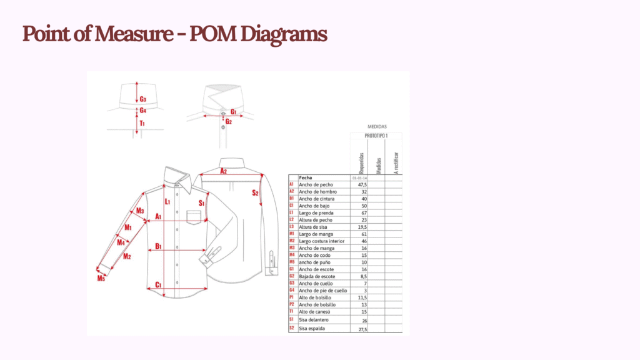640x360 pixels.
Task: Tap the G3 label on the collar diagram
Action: coord(143,99)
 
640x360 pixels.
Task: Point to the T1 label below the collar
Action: coord(142,123)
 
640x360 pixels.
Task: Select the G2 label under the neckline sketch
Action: coord(229,121)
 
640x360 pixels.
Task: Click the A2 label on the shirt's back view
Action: coord(222,171)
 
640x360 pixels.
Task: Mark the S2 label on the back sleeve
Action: coord(255,192)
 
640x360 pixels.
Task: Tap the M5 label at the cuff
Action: coord(101,277)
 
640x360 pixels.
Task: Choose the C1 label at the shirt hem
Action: coord(158,285)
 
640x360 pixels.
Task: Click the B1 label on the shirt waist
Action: coord(158,246)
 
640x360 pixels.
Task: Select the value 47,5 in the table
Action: coord(361,185)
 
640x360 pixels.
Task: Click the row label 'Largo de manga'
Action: coord(316,234)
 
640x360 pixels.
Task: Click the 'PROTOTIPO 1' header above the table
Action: coord(377,136)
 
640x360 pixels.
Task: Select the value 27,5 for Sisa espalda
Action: coord(361,328)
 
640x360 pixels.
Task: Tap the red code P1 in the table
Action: coord(292,297)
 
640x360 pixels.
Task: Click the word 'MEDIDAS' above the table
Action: coord(377,126)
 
